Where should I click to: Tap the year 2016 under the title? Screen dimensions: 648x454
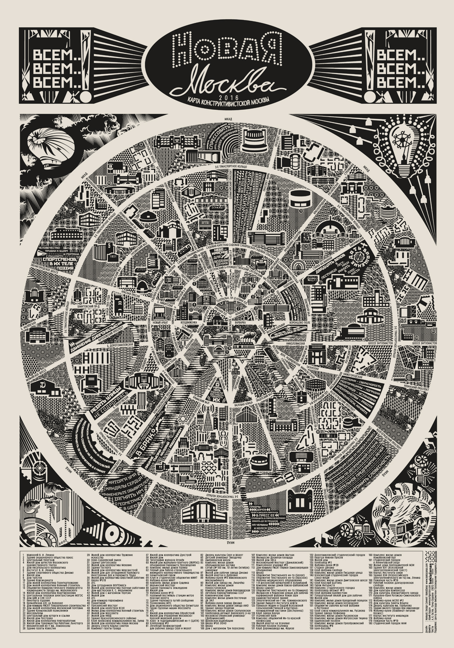point(227,97)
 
